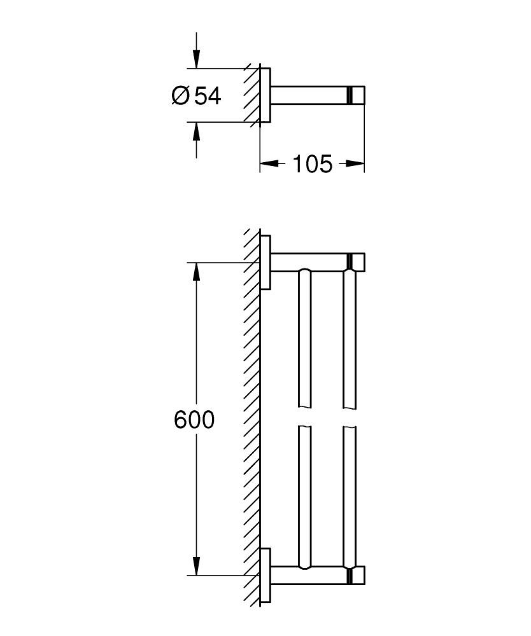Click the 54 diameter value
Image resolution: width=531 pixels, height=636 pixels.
pos(208,96)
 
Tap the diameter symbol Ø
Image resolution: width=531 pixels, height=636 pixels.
pos(181,96)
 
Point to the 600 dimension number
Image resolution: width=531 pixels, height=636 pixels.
pos(194,420)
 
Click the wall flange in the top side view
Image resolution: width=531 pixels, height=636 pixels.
pos(266,95)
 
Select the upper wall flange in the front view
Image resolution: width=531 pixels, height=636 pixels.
pos(266,262)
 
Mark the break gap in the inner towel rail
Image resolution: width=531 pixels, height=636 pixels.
pos(305,417)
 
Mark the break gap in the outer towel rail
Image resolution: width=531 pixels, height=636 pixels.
pos(350,417)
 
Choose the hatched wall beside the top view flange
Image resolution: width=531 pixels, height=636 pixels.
pos(251,95)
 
